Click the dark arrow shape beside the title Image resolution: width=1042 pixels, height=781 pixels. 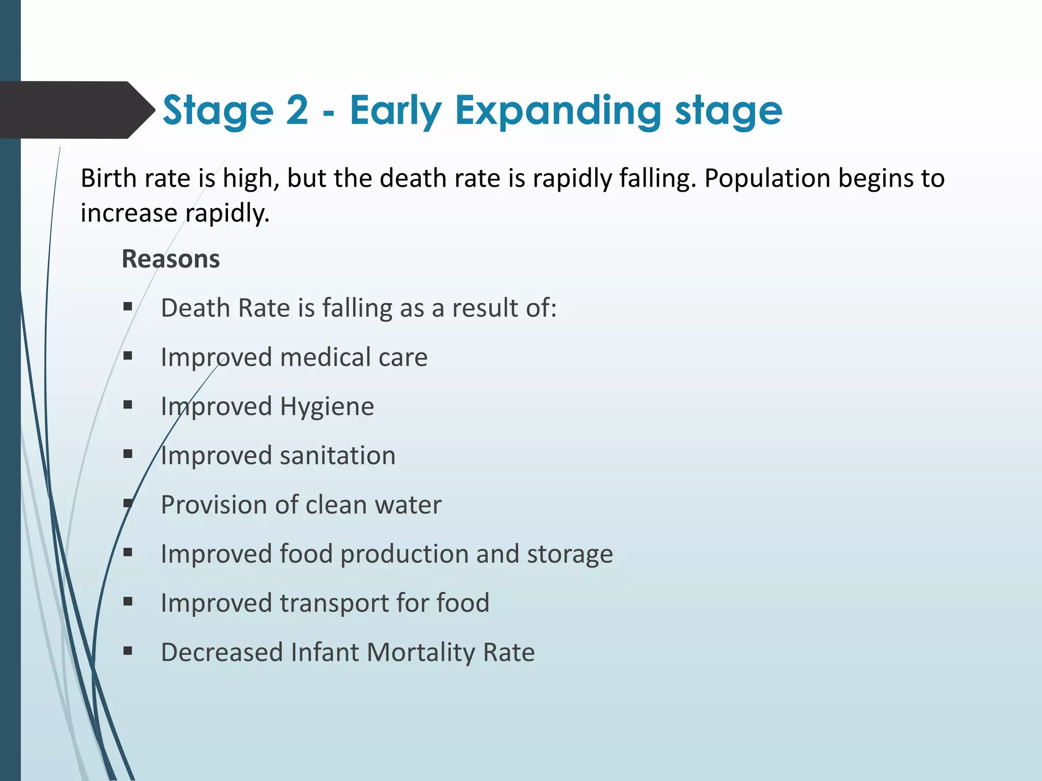(76, 110)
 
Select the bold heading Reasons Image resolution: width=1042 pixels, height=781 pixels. (170, 259)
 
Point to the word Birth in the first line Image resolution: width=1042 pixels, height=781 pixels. (108, 178)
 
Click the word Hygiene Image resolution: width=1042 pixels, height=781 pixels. (327, 407)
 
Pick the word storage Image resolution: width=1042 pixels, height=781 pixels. (570, 554)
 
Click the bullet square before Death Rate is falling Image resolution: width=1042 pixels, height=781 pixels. (128, 307)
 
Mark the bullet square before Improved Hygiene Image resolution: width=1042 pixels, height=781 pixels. (128, 405)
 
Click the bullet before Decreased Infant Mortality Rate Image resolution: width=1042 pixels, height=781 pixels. (128, 651)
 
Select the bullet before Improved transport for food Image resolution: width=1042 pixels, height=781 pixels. (128, 602)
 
